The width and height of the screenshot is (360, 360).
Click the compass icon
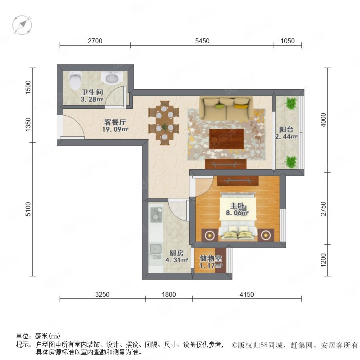pos(22,25)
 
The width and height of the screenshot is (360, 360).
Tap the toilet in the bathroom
pos(75,80)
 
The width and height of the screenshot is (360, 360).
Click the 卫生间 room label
pos(92,92)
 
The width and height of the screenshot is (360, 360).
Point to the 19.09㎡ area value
pos(115,129)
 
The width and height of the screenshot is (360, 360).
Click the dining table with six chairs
pos(164,123)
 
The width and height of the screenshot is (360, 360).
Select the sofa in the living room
pos(226,108)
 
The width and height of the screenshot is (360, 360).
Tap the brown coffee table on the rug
pos(227,139)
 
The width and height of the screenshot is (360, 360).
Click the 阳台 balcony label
pos(286,130)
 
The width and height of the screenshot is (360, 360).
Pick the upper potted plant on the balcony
pos(291,103)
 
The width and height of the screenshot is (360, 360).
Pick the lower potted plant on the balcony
pos(291,162)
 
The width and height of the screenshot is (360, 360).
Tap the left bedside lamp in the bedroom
pos(210,235)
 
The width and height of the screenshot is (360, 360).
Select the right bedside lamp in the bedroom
pos(266,235)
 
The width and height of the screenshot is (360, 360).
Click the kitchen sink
pos(156,251)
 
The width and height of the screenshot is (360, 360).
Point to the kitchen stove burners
pos(156,214)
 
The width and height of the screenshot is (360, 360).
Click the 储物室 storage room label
pos(210,258)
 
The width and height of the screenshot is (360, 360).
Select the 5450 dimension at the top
pos(202,41)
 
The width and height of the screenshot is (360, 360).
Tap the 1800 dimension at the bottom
pos(169,294)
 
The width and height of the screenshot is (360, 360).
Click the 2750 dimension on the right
pos(323,208)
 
